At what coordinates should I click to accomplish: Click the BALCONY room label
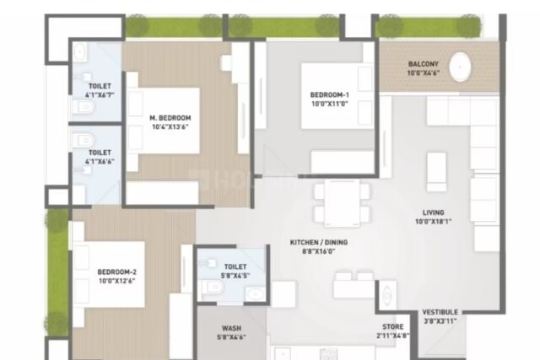coord(424,64)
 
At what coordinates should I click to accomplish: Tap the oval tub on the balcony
coord(460,67)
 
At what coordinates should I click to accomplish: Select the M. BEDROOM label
coord(170,118)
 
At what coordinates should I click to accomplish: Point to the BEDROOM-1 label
coord(330,94)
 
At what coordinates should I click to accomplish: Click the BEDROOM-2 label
coord(116,271)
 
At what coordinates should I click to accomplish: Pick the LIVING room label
coord(433,212)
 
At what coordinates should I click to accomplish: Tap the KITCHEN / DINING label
coord(319,242)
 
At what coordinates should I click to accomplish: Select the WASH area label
coord(231,328)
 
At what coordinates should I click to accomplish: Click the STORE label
coord(392,326)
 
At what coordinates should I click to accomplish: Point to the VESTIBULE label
coord(440,312)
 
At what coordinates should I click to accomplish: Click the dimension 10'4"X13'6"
coord(170,126)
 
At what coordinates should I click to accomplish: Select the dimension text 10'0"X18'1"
coord(433,221)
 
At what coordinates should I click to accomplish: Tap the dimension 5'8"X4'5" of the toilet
coord(235,276)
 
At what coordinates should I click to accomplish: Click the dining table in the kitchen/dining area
coord(342,203)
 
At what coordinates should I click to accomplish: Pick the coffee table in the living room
coord(437,171)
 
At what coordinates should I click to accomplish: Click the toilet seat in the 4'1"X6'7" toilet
coord(84,107)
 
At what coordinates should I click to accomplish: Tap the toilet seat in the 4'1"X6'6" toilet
coord(84,140)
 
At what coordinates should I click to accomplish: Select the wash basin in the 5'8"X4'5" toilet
coord(255,294)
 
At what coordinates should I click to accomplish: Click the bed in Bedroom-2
coord(109,274)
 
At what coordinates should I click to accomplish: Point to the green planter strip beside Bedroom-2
coord(57,272)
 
